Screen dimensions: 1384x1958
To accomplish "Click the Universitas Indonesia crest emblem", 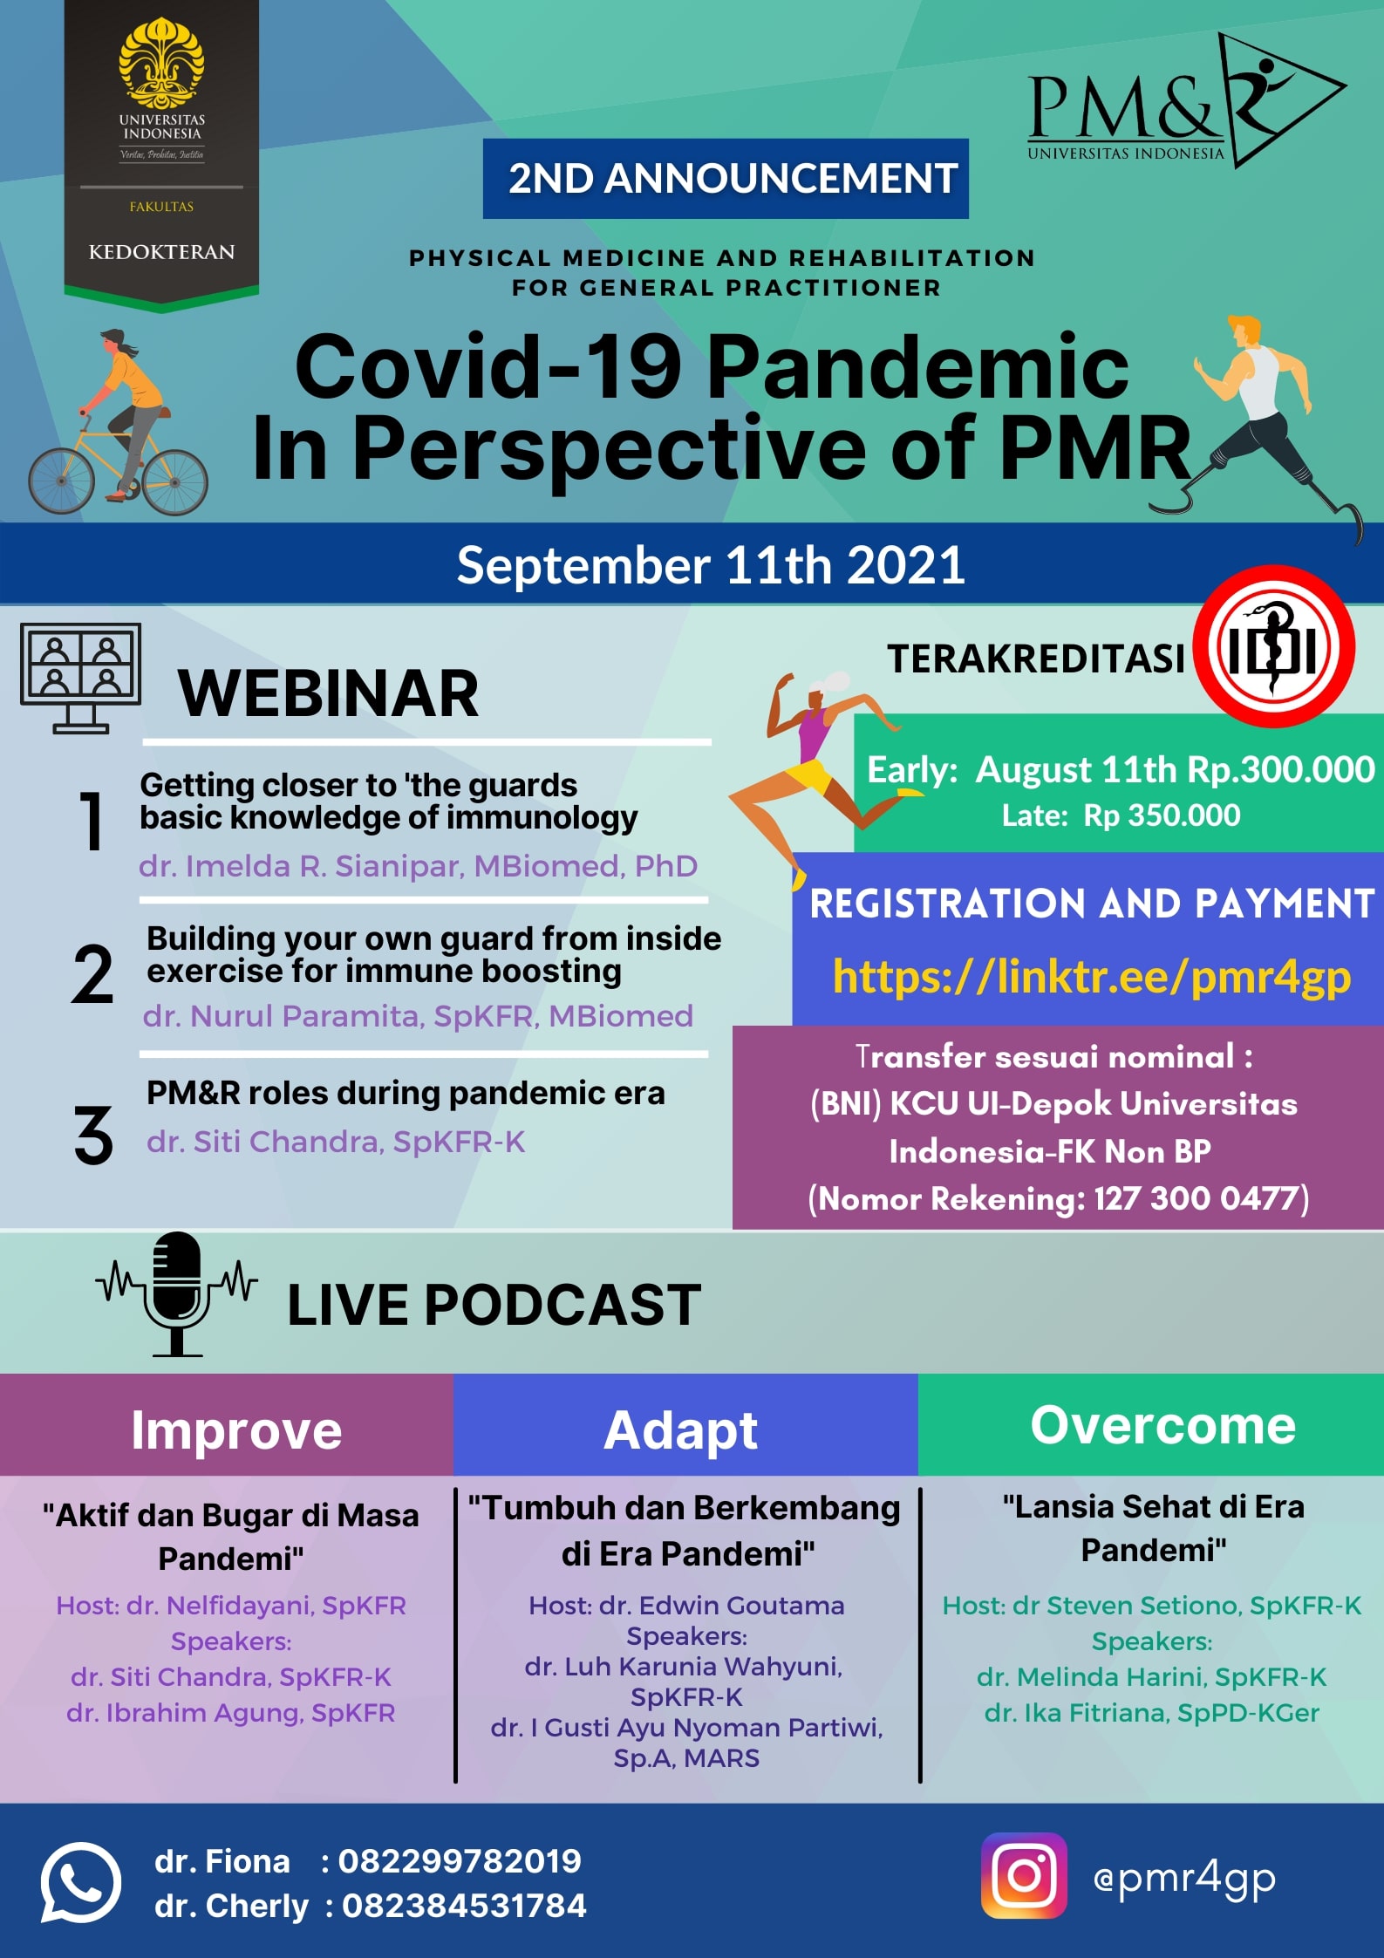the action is coord(161,63).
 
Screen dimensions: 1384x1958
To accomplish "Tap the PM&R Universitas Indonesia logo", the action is coord(1187,101).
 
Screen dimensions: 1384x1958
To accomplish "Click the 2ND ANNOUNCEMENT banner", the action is coord(726,179).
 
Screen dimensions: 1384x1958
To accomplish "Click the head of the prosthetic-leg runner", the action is coord(1246,332).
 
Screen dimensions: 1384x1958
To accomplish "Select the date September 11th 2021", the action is coord(711,565).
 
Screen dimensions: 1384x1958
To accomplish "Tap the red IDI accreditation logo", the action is coord(1273,647).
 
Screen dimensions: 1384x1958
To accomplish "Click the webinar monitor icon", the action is coord(80,678).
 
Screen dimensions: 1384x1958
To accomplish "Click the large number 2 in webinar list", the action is coord(92,974).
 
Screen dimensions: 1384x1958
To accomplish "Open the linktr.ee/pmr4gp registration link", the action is coord(1092,977).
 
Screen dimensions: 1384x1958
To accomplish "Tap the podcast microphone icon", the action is coord(177,1293).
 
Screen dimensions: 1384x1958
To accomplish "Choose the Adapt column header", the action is coord(681,1430).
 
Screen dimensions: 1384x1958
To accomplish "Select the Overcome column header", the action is coord(1163,1425).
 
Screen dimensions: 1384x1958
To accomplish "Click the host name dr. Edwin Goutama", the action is coord(722,1606).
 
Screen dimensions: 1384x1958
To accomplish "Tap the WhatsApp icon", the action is coord(80,1882).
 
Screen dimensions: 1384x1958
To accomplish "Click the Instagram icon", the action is coord(1024,1876).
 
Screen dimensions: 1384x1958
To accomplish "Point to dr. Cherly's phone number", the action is coord(464,1906).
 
